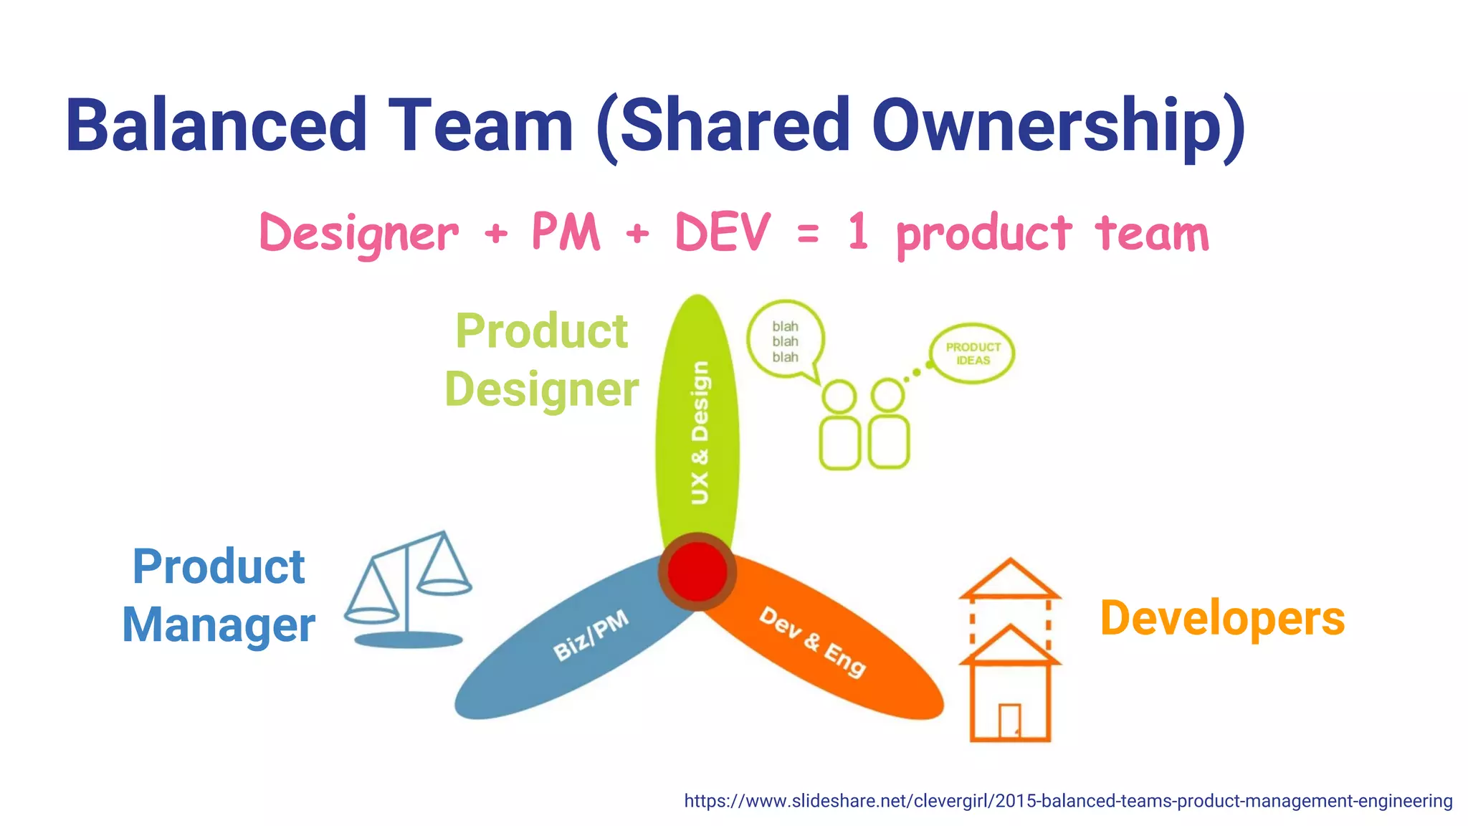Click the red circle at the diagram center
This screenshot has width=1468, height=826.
coord(697,571)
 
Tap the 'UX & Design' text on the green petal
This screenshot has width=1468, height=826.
coord(700,432)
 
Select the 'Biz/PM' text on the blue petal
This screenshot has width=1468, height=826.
coord(591,635)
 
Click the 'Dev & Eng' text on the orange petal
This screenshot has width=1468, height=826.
coord(813,642)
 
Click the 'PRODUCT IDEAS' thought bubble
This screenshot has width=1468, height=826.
coord(973,353)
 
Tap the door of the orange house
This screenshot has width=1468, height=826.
coord(1009,721)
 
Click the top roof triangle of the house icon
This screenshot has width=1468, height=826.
coord(1010,579)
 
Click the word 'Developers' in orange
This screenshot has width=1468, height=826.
coord(1222,618)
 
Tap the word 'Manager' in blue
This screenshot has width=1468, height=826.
coord(219,625)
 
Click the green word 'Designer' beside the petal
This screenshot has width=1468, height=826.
coord(541,389)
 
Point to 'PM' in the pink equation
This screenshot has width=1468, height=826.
coord(566,232)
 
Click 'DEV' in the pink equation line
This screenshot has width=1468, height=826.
coord(723,232)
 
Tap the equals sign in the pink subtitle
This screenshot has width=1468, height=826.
coord(808,234)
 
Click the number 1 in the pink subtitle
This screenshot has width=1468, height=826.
coord(858,232)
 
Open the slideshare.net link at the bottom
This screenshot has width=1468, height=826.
coord(1068,801)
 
